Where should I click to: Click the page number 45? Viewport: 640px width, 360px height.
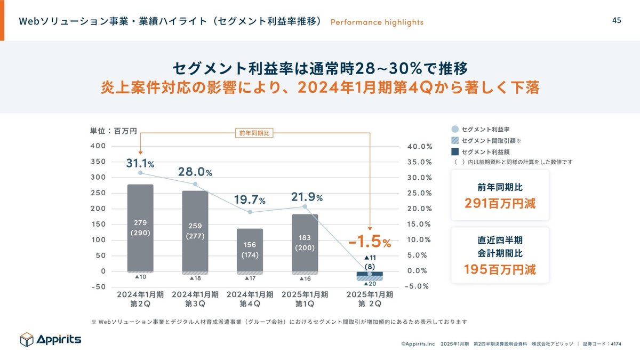tap(616, 20)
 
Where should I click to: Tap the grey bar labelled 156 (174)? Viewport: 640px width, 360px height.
tap(250, 251)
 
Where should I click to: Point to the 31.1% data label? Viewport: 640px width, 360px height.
tap(140, 163)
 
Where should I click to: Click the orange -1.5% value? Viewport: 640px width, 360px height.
tap(370, 242)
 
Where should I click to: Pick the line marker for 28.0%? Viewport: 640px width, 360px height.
tap(195, 185)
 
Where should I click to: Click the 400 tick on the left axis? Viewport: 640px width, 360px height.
tap(99, 146)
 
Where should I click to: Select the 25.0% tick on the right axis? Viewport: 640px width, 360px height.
tap(419, 193)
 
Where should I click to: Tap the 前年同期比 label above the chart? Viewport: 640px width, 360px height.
tap(254, 134)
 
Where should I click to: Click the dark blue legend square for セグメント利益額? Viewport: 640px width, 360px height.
tap(455, 152)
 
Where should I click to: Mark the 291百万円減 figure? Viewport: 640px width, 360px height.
tap(492, 204)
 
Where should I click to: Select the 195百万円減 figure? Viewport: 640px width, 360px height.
tap(492, 269)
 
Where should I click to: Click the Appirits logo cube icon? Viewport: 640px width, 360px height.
tap(27, 339)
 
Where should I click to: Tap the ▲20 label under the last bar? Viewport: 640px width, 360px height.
tap(370, 283)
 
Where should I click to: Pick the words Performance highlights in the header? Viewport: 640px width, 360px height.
tap(377, 22)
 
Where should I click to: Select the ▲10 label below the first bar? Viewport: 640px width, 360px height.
tap(140, 277)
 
